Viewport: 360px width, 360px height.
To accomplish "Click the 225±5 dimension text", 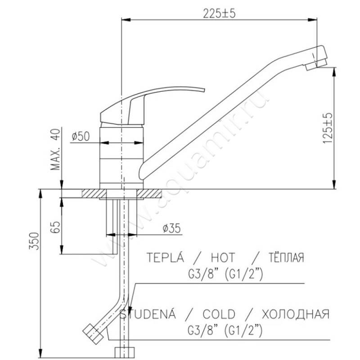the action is click(x=219, y=13).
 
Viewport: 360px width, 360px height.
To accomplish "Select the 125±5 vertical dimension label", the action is click(x=328, y=128).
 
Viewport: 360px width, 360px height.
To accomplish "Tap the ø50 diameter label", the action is click(x=81, y=136).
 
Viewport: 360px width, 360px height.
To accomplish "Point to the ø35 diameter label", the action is click(x=171, y=228).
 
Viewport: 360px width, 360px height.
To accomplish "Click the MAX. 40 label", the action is click(x=55, y=149).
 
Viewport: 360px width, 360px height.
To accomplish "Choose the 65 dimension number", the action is click(x=55, y=227).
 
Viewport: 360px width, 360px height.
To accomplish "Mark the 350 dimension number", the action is click(x=34, y=241).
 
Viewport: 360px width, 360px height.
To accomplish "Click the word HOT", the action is click(x=223, y=257).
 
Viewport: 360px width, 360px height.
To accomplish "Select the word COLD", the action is click(x=219, y=314).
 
